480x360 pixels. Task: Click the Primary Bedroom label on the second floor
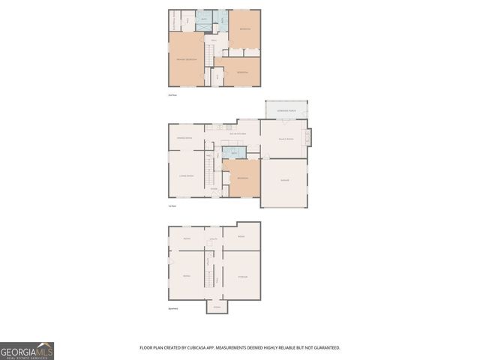point(187,59)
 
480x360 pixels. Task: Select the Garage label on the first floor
point(284,181)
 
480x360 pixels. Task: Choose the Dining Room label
point(184,138)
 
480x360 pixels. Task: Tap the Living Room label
point(186,175)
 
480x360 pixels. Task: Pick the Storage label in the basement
point(242,277)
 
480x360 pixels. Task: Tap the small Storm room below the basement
point(216,307)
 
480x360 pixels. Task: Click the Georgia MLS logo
point(27,350)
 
